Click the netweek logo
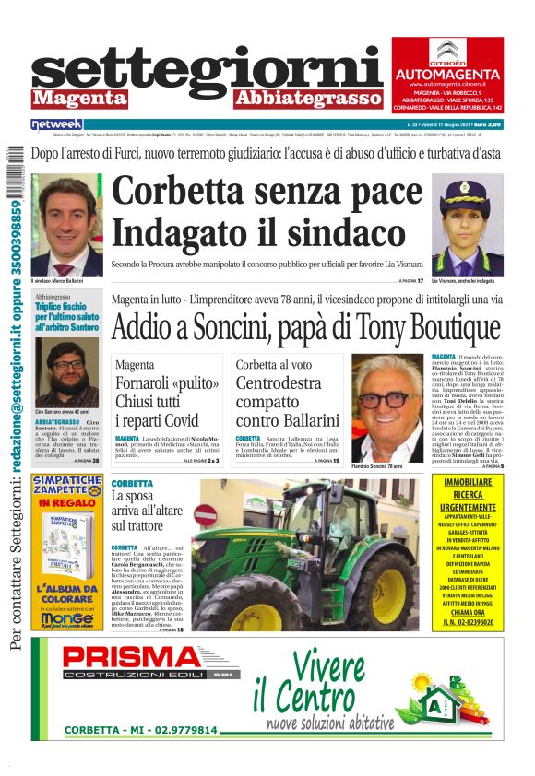[x=56, y=123]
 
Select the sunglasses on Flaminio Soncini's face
[x=386, y=398]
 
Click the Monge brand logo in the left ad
[x=67, y=619]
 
